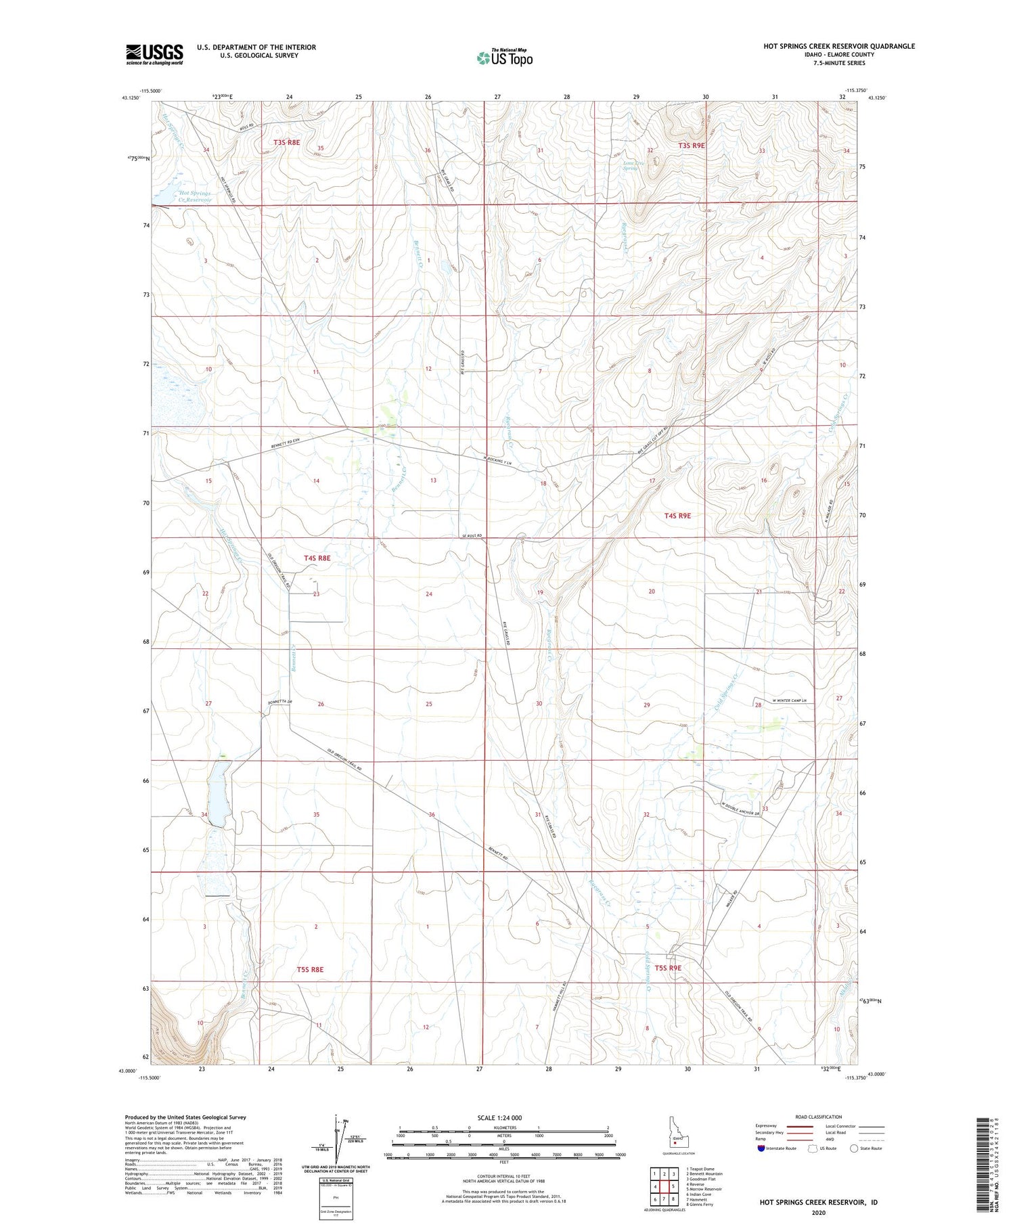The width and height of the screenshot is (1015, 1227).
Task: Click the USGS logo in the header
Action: [154, 54]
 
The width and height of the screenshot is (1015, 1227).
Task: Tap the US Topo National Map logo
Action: [504, 58]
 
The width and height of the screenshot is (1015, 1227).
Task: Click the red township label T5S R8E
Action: [310, 970]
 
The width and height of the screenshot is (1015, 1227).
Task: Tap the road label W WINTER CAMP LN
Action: [784, 700]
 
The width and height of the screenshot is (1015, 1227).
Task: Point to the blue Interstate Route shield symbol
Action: [761, 1148]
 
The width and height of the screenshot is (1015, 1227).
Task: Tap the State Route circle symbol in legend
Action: [855, 1148]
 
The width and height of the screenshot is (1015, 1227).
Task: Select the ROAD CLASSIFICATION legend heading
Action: [819, 1117]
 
